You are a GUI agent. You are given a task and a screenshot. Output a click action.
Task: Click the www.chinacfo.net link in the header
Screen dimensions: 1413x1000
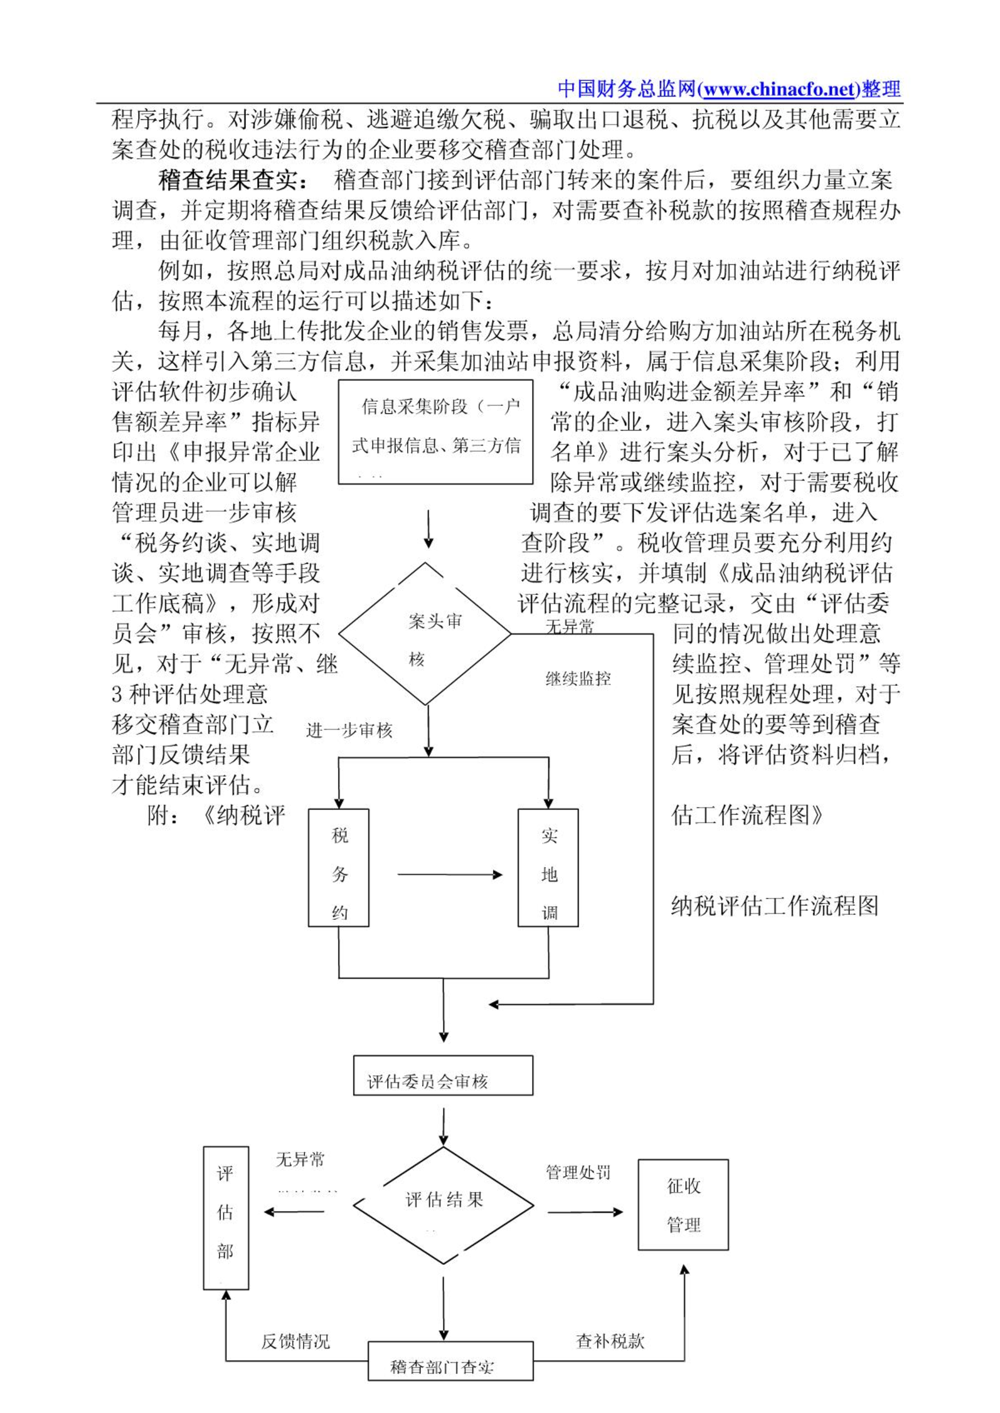click(780, 90)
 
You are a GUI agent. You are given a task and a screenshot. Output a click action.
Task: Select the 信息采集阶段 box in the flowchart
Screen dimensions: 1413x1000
click(435, 432)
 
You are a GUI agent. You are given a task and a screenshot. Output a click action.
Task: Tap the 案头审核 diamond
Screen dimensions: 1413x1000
click(426, 634)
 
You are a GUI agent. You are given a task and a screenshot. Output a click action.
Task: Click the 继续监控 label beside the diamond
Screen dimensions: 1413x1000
click(578, 679)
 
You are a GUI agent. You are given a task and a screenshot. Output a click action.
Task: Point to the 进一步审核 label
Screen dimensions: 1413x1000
click(349, 730)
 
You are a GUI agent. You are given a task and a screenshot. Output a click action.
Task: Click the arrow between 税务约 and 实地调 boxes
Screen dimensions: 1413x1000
click(449, 875)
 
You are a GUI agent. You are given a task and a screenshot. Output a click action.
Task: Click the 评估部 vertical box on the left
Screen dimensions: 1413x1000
click(226, 1218)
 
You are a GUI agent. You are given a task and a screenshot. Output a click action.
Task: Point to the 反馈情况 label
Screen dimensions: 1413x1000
click(295, 1341)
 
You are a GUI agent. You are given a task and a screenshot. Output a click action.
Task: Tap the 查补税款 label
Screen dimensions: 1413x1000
click(610, 1341)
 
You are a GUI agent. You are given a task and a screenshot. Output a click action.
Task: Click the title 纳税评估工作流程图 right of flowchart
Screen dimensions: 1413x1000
click(775, 906)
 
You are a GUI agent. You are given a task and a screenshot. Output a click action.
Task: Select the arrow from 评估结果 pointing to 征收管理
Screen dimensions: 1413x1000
click(585, 1212)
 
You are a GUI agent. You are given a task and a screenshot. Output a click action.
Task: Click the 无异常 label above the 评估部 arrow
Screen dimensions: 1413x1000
click(301, 1160)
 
